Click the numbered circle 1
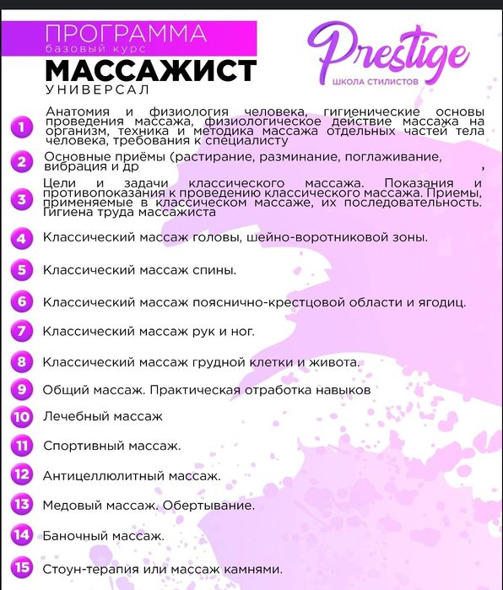20,127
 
